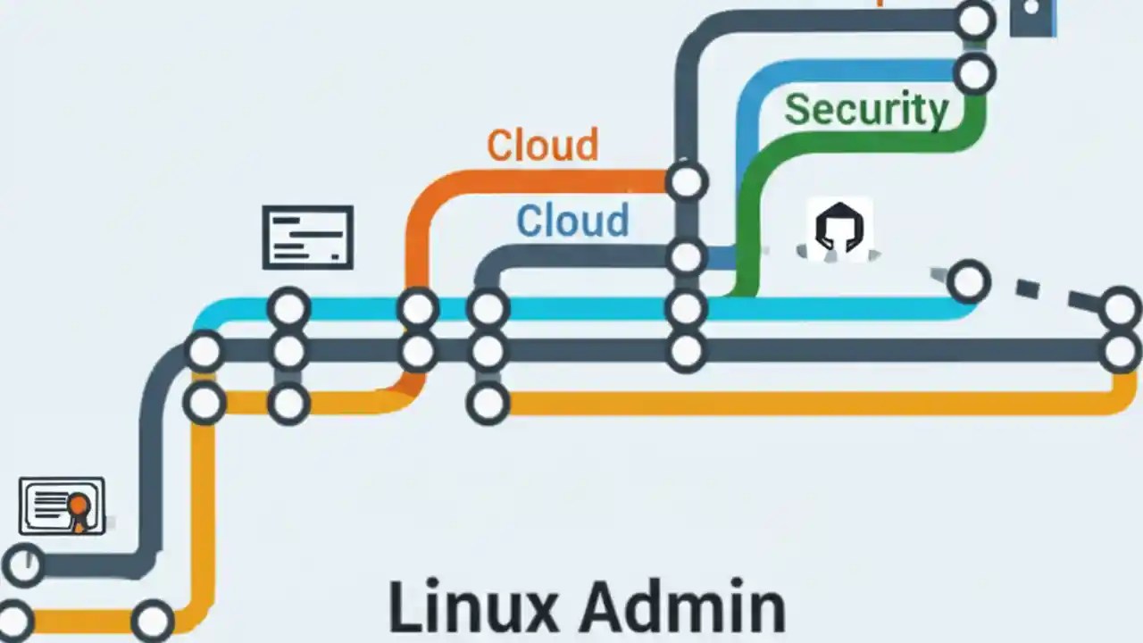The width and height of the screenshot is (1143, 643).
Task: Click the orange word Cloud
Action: pyautogui.click(x=542, y=146)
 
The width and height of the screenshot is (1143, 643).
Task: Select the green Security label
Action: pyautogui.click(x=865, y=110)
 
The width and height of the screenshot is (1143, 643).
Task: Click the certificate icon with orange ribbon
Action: pyautogui.click(x=62, y=506)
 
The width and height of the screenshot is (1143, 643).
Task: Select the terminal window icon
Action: pyautogui.click(x=307, y=237)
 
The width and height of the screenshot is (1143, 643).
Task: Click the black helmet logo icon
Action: pyautogui.click(x=839, y=228)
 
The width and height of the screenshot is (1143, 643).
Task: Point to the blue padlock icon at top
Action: pyautogui.click(x=1032, y=16)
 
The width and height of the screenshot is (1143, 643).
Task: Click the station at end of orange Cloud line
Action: pyautogui.click(x=686, y=181)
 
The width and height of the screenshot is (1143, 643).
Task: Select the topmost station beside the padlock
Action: pyautogui.click(x=974, y=20)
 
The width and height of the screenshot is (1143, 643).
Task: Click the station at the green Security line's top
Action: pyautogui.click(x=974, y=73)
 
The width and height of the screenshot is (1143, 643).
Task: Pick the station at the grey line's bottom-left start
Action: pyautogui.click(x=24, y=564)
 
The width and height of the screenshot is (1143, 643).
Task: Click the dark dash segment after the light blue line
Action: pyautogui.click(x=1028, y=288)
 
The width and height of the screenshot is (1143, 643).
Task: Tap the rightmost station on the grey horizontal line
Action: pyautogui.click(x=1121, y=351)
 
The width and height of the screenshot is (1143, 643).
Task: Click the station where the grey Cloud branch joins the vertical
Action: pyautogui.click(x=686, y=257)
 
